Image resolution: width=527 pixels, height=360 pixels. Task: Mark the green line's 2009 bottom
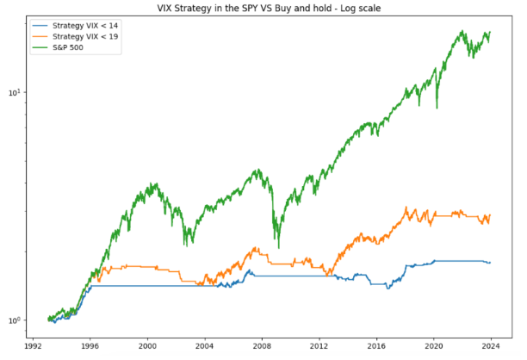point(276,247)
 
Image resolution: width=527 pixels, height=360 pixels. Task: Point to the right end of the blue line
point(490,262)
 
